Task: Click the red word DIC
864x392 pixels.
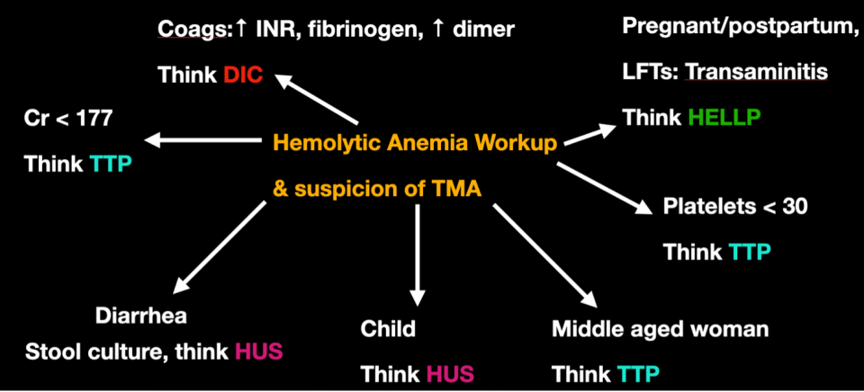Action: [242, 76]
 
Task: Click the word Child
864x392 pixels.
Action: [388, 329]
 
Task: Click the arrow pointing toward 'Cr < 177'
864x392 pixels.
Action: [202, 140]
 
